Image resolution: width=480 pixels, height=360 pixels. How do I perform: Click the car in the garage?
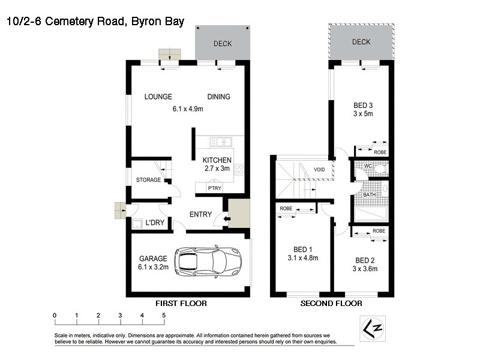click(x=200, y=261)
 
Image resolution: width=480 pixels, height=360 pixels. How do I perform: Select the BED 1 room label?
click(x=302, y=249)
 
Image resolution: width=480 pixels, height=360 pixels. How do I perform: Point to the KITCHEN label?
click(x=217, y=160)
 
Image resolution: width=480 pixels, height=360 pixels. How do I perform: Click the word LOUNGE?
click(x=158, y=97)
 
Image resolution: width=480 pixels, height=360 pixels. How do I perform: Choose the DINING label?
click(x=218, y=97)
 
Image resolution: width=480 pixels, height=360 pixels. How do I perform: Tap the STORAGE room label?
click(x=148, y=180)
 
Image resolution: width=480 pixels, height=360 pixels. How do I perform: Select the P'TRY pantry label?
click(x=214, y=188)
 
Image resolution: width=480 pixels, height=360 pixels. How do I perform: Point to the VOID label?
click(x=319, y=170)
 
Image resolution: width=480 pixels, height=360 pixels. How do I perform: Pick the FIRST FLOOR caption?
click(x=181, y=304)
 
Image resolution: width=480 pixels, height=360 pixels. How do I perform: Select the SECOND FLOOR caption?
click(x=331, y=304)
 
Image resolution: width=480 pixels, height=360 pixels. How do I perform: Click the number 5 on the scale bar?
click(x=163, y=315)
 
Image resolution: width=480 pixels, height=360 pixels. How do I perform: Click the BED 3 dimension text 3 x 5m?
click(x=362, y=113)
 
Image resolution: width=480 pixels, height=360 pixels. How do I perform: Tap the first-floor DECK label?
click(x=223, y=44)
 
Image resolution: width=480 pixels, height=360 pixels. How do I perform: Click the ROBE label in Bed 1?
click(x=286, y=209)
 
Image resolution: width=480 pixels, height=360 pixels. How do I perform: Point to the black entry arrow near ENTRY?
click(x=226, y=219)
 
